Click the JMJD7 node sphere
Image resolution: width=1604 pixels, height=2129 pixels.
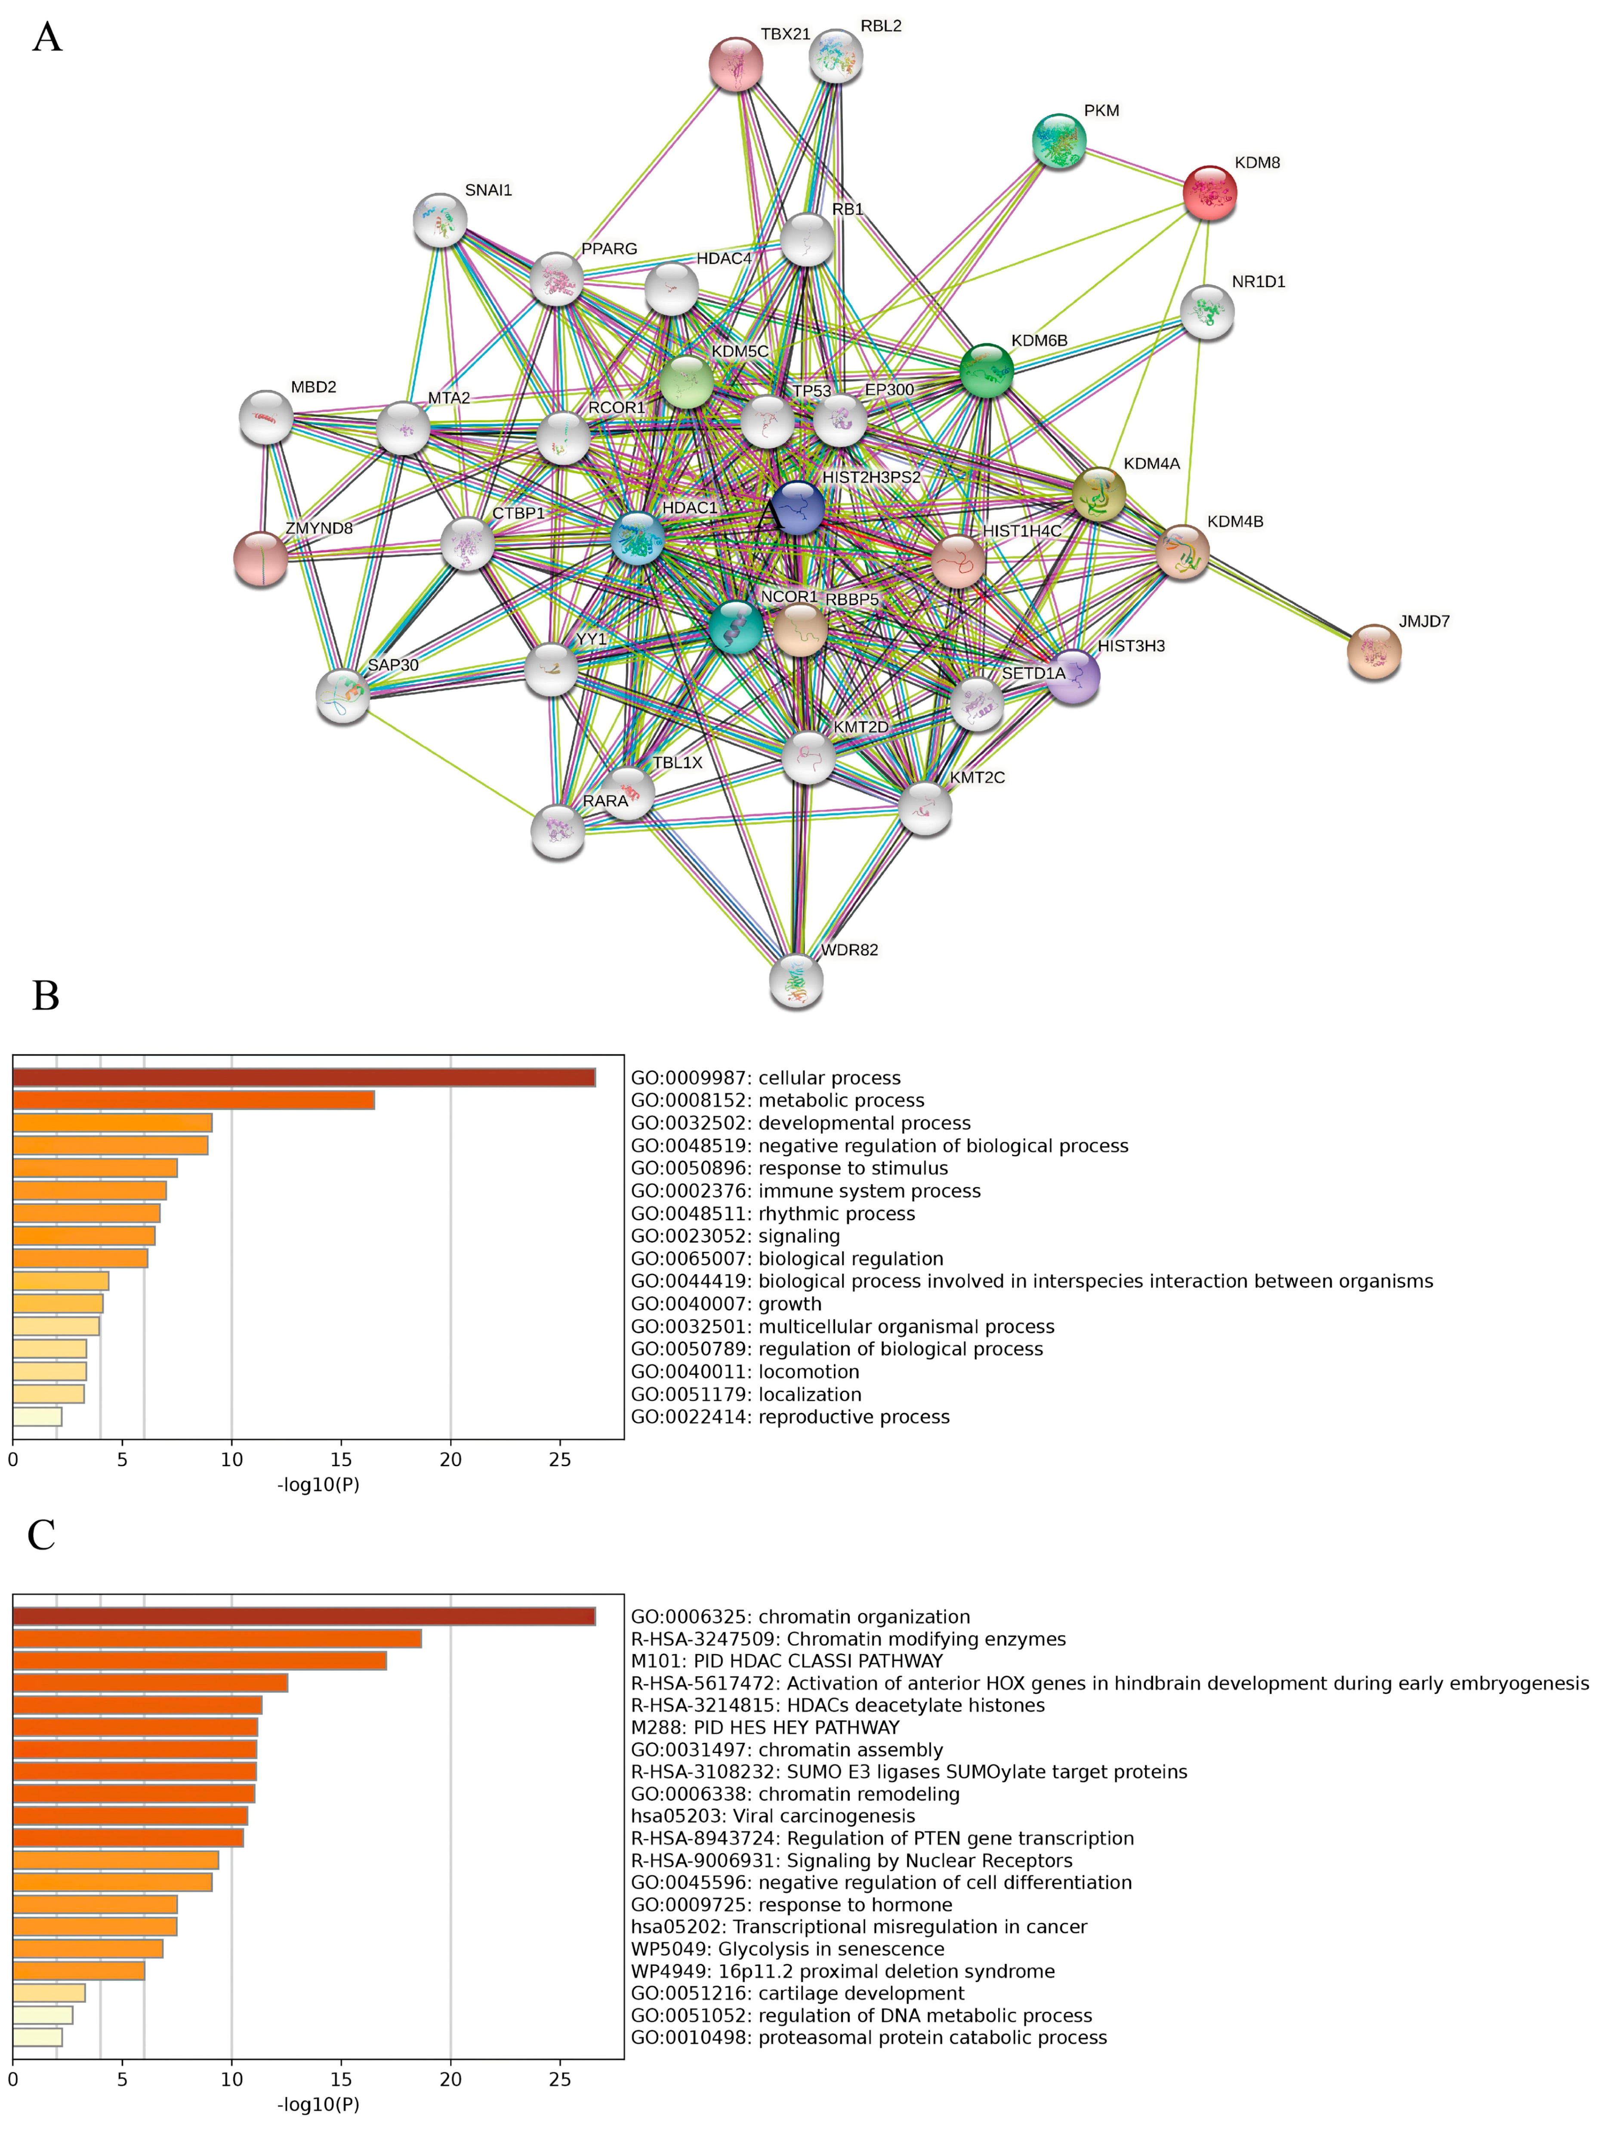tap(1373, 651)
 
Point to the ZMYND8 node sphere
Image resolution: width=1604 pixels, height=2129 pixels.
tap(261, 558)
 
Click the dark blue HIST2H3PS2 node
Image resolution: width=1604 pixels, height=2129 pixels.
tap(798, 507)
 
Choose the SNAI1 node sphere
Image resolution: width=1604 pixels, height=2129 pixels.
tap(440, 220)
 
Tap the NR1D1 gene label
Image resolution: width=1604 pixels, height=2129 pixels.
tap(1258, 282)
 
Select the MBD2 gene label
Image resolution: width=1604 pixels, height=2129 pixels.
tap(314, 387)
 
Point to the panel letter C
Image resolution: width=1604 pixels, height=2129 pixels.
tap(41, 1535)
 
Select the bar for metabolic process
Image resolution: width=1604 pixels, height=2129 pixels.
tap(192, 1100)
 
